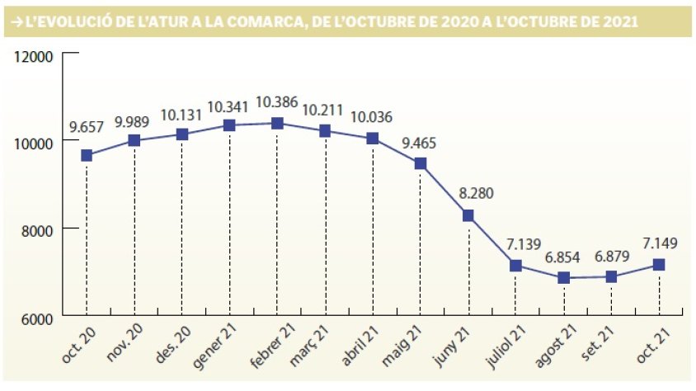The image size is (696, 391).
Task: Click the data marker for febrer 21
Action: click(x=277, y=123)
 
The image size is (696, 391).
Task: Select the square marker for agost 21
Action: click(x=564, y=278)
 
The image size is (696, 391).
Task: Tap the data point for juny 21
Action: click(x=468, y=215)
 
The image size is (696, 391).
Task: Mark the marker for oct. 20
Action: click(x=86, y=155)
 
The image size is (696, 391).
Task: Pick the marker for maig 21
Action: click(x=420, y=163)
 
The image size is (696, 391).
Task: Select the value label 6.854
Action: click(x=564, y=257)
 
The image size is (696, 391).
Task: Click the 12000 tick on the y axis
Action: click(x=35, y=56)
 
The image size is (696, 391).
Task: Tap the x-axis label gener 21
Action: click(x=215, y=346)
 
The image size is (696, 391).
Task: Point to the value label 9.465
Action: click(x=420, y=142)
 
